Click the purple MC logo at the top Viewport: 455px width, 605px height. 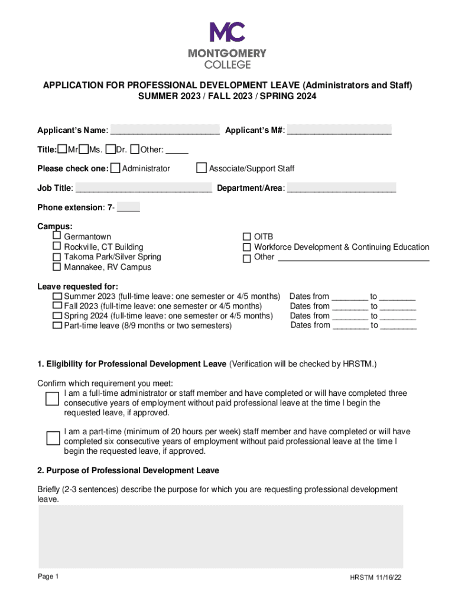click(227, 32)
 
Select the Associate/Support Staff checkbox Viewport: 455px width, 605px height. click(202, 168)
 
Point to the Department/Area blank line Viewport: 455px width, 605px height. click(342, 189)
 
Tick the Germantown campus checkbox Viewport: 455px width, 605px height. click(57, 236)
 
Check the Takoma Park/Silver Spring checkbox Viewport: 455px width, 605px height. click(57, 257)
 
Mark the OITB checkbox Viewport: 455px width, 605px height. click(247, 237)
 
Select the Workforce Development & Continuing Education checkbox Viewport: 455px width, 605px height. click(247, 247)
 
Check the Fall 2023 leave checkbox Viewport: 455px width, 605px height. click(57, 305)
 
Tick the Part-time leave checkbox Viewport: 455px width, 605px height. click(57, 326)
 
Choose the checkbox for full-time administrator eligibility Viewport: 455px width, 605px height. click(53, 399)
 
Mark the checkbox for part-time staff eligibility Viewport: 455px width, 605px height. click(53, 438)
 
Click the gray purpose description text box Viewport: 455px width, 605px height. click(221, 535)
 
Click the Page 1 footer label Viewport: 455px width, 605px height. click(48, 577)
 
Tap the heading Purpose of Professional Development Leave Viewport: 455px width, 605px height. click(128, 470)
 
